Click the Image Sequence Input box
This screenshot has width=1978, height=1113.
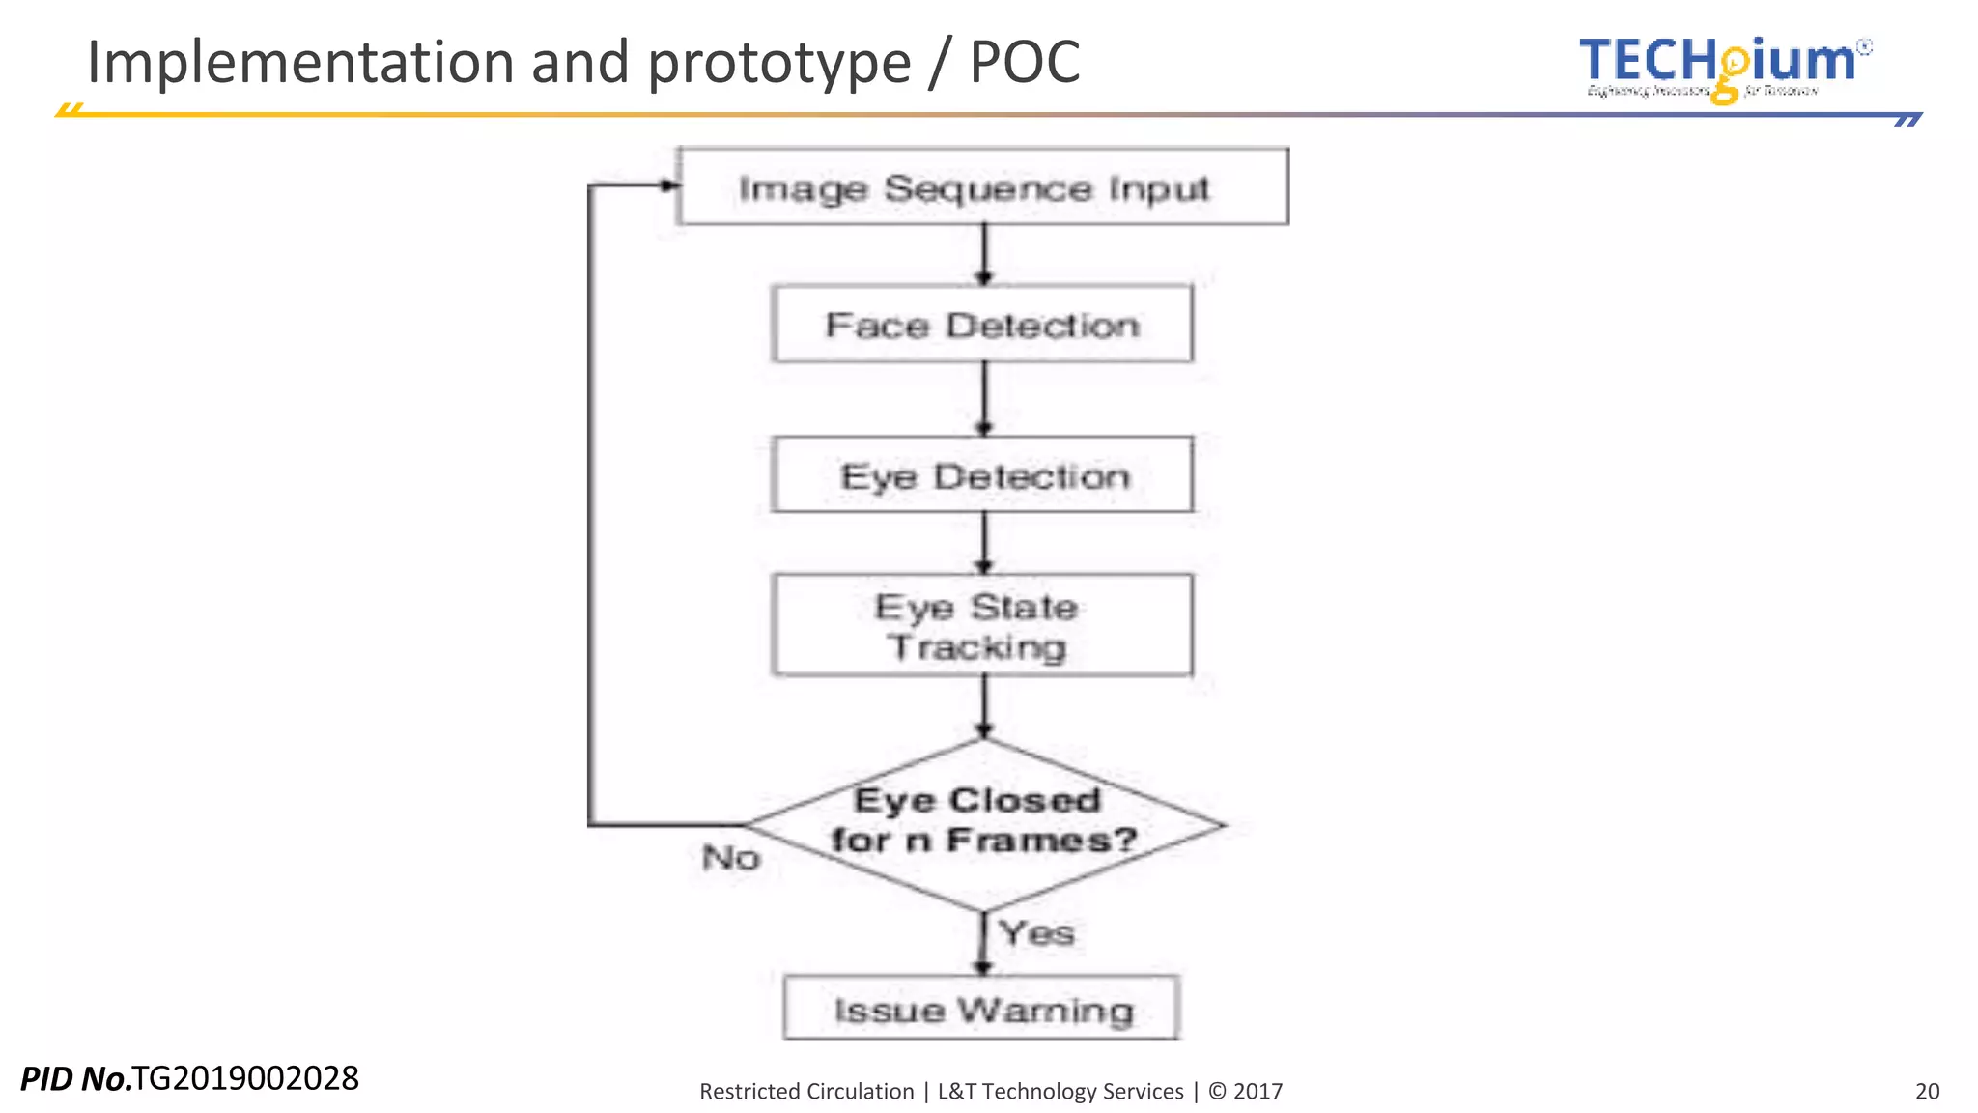[x=982, y=186]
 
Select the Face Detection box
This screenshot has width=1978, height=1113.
[x=982, y=325]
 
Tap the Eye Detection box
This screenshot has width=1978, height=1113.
[x=982, y=475]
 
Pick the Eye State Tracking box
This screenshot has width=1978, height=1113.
[x=982, y=626]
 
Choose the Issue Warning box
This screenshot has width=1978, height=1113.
[x=981, y=1009]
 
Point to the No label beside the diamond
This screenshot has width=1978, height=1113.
[x=731, y=858]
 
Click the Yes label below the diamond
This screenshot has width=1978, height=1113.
[x=1036, y=933]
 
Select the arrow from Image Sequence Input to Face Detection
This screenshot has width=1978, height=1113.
[x=984, y=254]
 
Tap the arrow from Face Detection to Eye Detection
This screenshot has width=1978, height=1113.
[x=984, y=399]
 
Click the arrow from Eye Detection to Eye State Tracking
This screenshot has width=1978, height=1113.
[x=984, y=543]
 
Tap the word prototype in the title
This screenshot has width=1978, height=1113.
[x=778, y=63]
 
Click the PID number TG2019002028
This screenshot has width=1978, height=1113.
[x=245, y=1077]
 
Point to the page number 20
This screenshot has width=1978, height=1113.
[x=1927, y=1091]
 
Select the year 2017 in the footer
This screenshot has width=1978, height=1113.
[x=1257, y=1091]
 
